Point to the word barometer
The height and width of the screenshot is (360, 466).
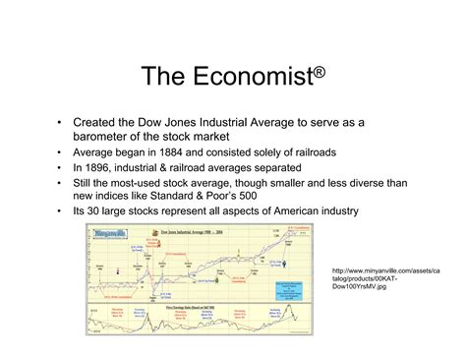point(105,136)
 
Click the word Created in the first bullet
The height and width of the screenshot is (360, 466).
point(95,122)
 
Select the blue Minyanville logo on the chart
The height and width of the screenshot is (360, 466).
point(103,234)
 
